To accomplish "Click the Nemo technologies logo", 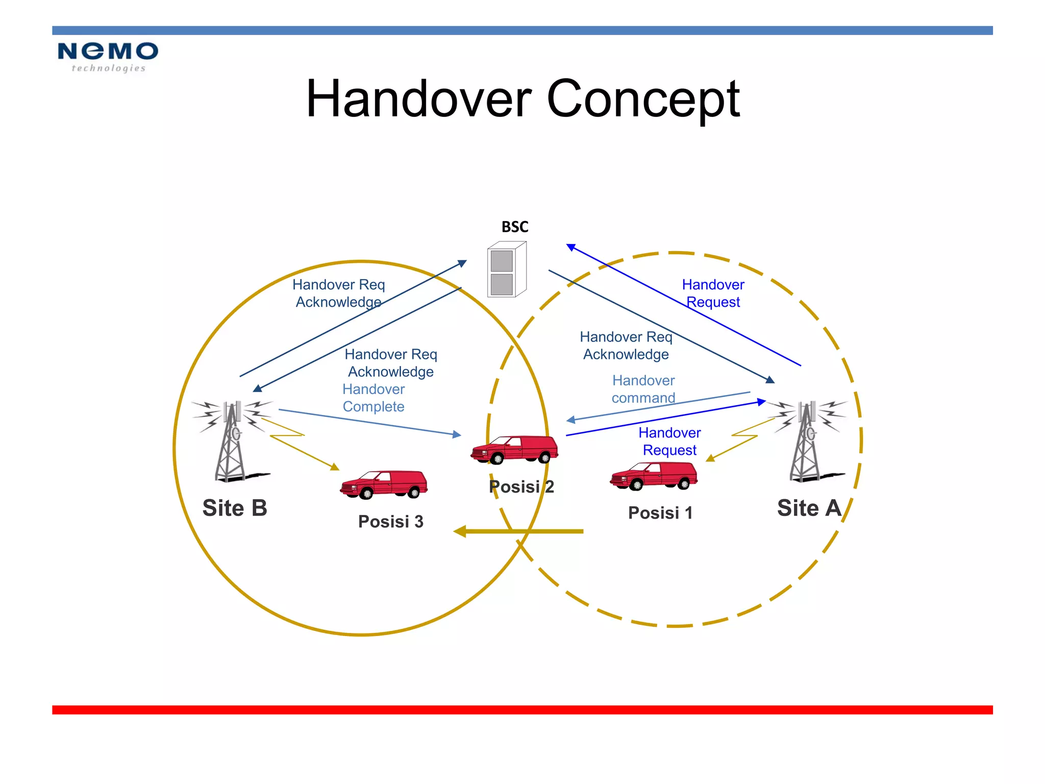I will coord(108,57).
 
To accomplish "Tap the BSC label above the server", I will coord(514,227).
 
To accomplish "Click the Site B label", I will coord(235,508).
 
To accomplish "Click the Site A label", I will coord(809,508).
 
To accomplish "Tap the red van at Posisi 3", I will coord(384,484).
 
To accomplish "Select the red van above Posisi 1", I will coord(654,476).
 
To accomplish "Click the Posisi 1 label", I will coord(660,513).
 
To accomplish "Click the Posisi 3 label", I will coord(390,522).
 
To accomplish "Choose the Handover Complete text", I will coord(374,398).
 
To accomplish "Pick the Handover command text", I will coord(643,389).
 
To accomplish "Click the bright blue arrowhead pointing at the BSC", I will coord(571,248).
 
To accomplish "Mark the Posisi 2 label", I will coord(521,487).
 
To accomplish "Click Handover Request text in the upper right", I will coord(713,293).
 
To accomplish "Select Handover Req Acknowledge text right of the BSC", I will coord(626,346).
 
